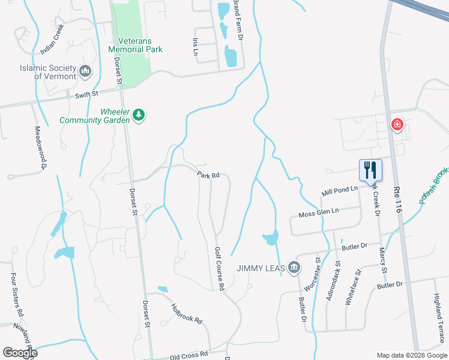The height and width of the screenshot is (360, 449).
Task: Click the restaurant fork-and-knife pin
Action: tap(370, 169)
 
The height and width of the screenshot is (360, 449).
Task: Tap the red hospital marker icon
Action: tap(397, 125)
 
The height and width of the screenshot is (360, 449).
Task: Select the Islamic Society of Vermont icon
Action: tap(85, 72)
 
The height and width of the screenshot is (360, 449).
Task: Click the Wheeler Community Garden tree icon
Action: tap(139, 114)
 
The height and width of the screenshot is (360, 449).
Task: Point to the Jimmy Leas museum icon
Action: tap(294, 267)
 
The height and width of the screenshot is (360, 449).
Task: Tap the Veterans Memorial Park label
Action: tap(135, 45)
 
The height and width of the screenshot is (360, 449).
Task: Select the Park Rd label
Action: tap(208, 175)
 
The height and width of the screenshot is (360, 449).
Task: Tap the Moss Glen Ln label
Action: tap(319, 212)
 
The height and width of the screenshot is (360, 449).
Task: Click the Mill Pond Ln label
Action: tap(339, 191)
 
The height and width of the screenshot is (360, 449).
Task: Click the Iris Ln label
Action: tap(195, 46)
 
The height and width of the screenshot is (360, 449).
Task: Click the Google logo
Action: tap(20, 353)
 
